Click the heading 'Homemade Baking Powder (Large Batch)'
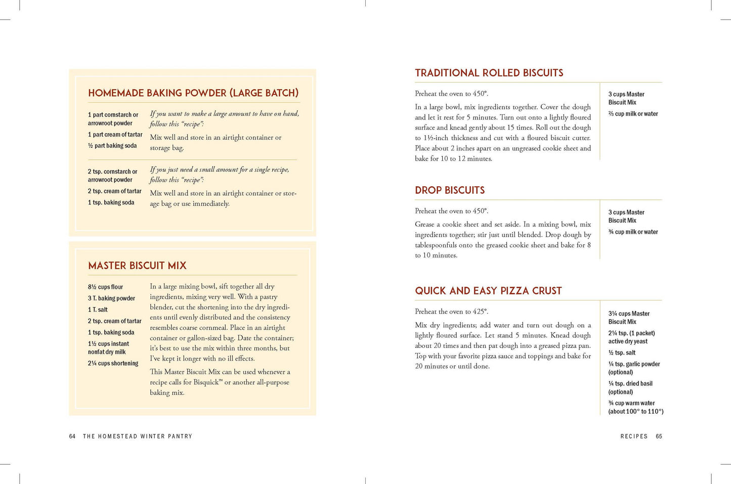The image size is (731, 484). [193, 93]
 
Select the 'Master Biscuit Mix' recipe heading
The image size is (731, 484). [137, 266]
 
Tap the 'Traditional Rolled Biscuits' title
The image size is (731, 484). [489, 73]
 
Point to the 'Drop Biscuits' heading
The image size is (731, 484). [450, 190]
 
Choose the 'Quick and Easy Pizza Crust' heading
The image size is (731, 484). [488, 291]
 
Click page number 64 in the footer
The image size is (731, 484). [72, 436]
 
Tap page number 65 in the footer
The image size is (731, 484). [659, 436]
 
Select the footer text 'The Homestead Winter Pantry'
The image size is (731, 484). [138, 436]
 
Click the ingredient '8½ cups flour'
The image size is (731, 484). [105, 287]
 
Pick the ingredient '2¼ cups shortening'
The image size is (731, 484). [113, 364]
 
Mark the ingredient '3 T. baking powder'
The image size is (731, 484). [111, 298]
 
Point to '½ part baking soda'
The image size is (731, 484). [112, 146]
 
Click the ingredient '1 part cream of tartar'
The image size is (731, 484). [115, 135]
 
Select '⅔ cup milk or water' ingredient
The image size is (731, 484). [633, 114]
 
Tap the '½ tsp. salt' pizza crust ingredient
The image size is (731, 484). [622, 353]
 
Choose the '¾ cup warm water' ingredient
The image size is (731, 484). [631, 403]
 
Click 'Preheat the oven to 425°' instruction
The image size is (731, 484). [451, 312]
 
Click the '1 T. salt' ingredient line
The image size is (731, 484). [98, 310]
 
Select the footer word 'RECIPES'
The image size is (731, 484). [634, 436]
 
